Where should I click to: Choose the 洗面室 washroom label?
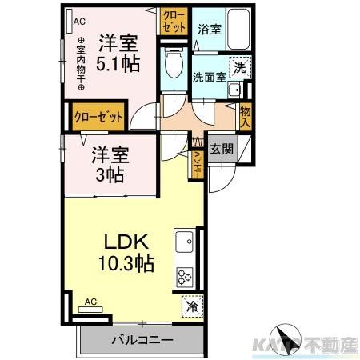(x=210, y=77)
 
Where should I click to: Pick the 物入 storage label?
(x=245, y=117)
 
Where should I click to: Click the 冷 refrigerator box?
(x=192, y=304)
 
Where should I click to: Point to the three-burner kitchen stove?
(x=185, y=277)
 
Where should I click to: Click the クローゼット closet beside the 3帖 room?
(x=98, y=116)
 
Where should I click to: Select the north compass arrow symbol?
(x=286, y=337)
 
